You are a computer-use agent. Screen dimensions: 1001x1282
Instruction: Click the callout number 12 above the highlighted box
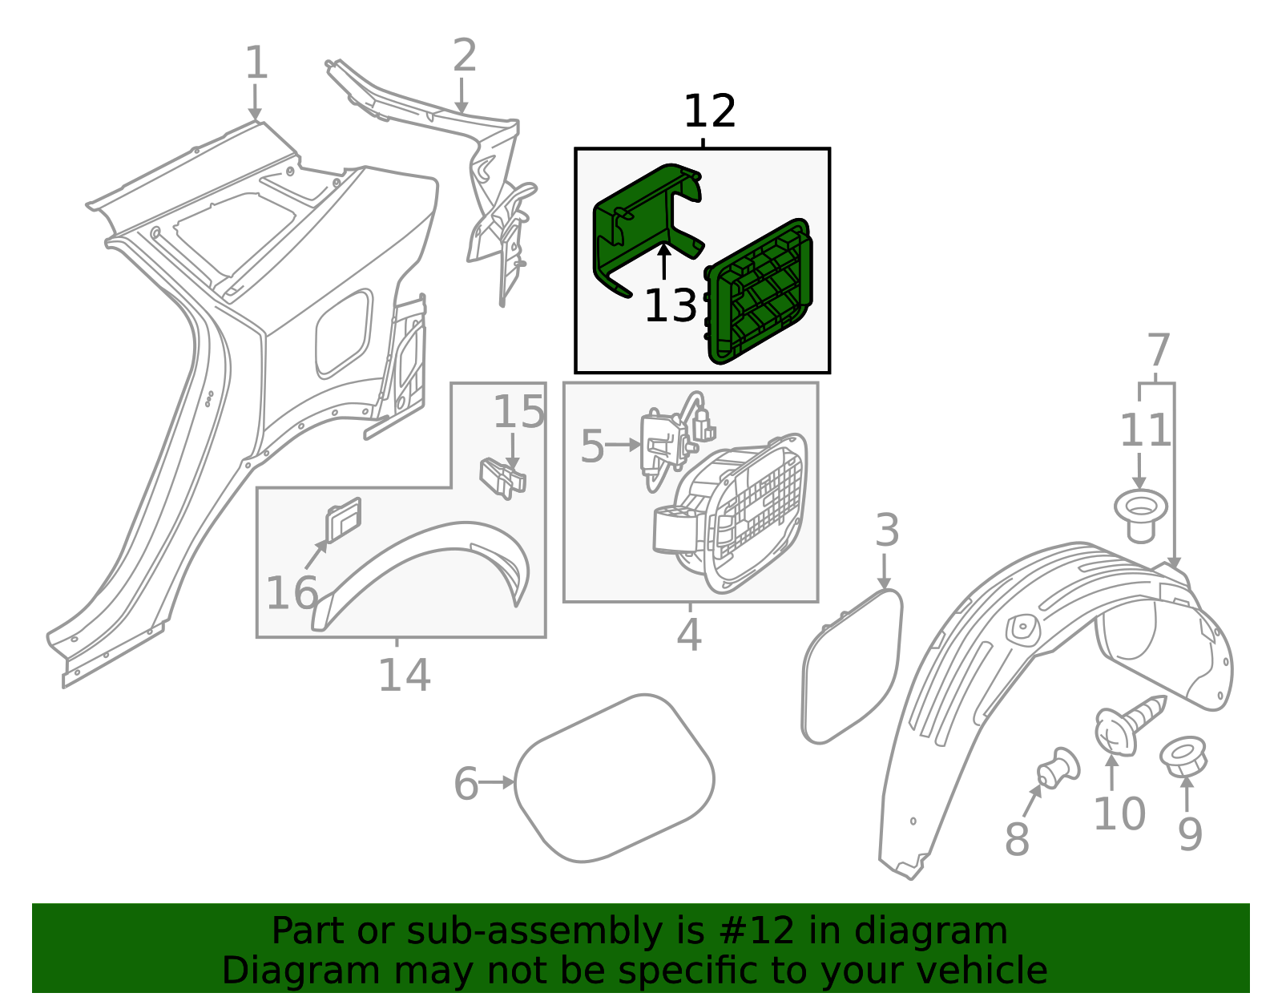pos(709,112)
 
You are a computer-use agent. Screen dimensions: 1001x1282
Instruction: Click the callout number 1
pos(256,63)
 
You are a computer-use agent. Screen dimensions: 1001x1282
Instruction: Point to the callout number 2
pos(464,56)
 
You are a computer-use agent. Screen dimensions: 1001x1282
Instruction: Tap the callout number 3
pos(886,531)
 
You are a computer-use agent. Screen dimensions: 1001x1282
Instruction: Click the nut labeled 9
pos(1183,757)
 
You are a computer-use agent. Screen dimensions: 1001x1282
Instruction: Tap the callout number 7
pos(1158,350)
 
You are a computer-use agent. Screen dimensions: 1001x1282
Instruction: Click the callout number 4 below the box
pos(688,635)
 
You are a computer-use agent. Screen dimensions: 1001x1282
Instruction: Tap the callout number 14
pos(404,675)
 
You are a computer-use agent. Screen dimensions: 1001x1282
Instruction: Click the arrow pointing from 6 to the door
pos(498,782)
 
